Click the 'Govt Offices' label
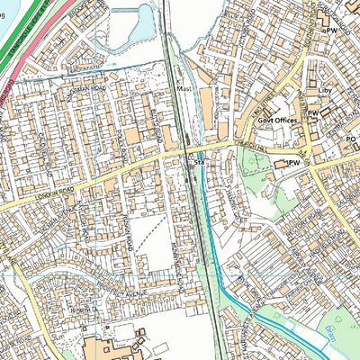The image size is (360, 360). click(261, 120)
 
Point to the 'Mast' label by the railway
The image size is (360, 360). click(186, 91)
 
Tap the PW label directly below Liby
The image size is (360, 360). click(314, 112)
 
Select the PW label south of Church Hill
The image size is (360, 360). click(291, 163)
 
